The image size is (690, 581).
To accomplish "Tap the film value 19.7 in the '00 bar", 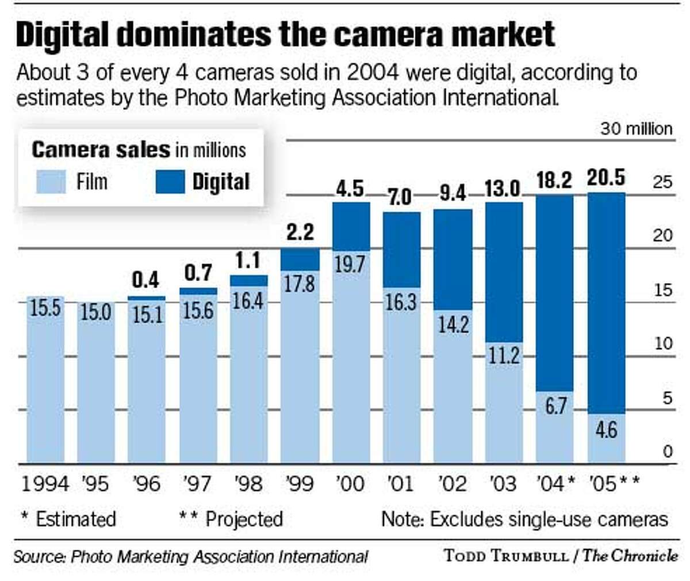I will pyautogui.click(x=350, y=265).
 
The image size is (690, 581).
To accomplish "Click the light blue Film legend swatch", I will pyautogui.click(x=51, y=182).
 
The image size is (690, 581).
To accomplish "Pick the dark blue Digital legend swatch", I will pyautogui.click(x=170, y=182).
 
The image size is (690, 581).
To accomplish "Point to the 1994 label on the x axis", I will pyautogui.click(x=45, y=483).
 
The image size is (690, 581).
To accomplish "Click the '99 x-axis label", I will pyautogui.click(x=300, y=483).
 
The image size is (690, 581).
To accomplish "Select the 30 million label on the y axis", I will pyautogui.click(x=636, y=128).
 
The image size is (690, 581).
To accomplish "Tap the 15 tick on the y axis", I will pyautogui.click(x=662, y=289).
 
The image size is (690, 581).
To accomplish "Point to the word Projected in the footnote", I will pyautogui.click(x=244, y=519).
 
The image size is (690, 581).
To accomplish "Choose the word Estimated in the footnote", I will pyautogui.click(x=75, y=519).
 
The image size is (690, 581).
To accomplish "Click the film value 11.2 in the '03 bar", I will pyautogui.click(x=504, y=356).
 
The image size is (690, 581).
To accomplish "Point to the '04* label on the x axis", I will pyautogui.click(x=555, y=483).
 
